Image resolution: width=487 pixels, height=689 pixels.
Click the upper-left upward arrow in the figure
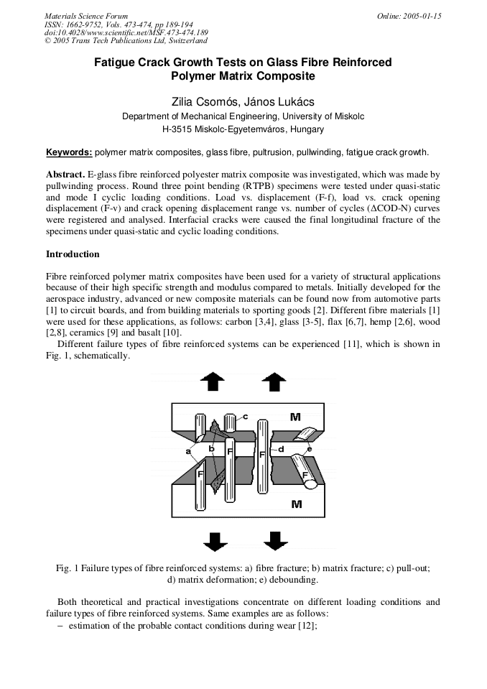point(212,382)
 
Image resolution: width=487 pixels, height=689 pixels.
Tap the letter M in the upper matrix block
point(295,416)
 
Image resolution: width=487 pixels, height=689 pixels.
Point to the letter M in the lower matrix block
point(296,504)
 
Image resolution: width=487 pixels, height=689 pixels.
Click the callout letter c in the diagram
point(245,416)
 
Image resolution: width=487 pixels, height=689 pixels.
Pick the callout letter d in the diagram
point(281,449)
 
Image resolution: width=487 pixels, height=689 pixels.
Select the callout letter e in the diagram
point(309,449)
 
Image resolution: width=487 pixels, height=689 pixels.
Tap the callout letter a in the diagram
point(188,451)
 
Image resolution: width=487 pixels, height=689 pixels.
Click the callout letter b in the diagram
point(211,448)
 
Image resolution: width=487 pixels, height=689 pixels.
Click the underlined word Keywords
point(69,152)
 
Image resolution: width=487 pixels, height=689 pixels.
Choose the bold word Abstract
point(65,175)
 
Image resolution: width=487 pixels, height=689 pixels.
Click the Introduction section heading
point(73,254)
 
